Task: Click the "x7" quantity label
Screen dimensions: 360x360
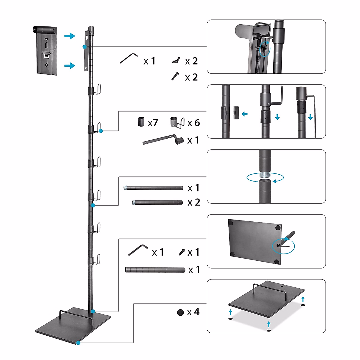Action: pos(153,123)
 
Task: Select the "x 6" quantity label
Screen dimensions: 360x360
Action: pos(193,123)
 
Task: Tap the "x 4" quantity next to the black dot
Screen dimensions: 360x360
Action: pos(193,312)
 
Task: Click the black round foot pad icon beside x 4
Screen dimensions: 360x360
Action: pos(180,313)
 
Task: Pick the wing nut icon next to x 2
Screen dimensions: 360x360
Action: pos(175,61)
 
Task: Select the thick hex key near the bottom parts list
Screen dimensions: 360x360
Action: pos(138,250)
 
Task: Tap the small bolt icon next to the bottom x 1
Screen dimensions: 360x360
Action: pos(181,252)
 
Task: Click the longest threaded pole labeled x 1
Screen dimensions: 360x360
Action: pos(153,188)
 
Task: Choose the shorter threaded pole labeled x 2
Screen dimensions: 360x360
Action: pos(157,202)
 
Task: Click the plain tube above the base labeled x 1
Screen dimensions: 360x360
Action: pos(155,270)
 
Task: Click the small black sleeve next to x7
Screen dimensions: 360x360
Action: pos(141,121)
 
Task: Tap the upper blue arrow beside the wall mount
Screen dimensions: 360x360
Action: pos(70,36)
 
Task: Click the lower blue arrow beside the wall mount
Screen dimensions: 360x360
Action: pos(70,65)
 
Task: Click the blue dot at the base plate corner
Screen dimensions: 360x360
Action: pos(78,343)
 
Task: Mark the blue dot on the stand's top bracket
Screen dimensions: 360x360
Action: pos(85,47)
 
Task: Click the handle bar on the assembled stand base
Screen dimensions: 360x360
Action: pos(75,313)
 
